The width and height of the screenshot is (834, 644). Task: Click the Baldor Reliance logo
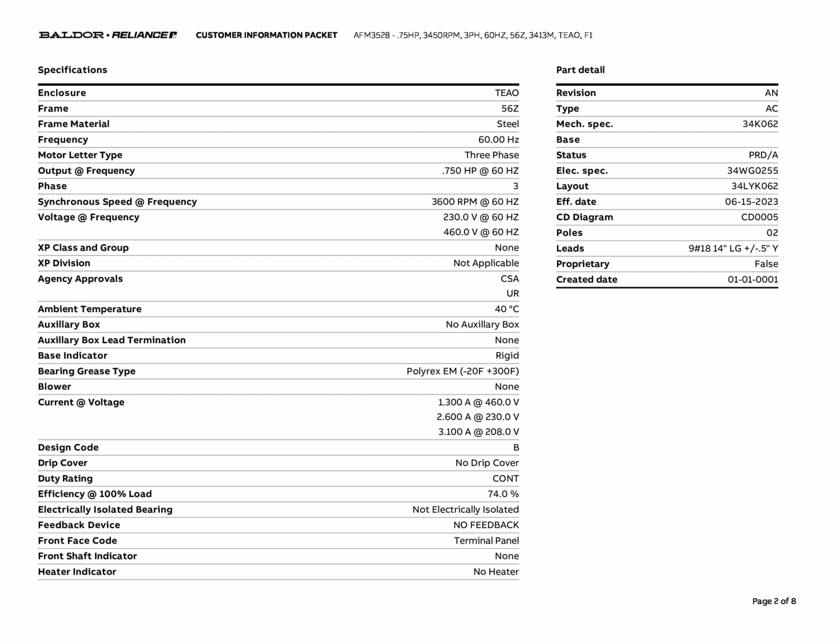coord(108,35)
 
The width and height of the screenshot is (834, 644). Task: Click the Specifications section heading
coord(72,70)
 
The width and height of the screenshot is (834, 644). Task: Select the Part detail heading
coord(580,70)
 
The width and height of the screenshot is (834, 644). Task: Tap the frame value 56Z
coord(510,109)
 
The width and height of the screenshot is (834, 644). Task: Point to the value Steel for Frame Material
coord(507,124)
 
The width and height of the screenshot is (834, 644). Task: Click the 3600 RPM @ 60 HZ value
coord(475,202)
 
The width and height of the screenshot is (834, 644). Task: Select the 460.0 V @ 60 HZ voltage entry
coord(481,232)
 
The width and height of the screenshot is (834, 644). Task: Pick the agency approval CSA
coord(509,279)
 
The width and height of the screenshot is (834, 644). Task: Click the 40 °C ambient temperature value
coord(507,309)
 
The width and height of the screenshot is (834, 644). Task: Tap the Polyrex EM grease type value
coord(463,371)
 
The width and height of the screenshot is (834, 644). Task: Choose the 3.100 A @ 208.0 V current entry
coord(478,432)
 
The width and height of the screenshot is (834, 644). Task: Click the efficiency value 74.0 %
coord(503,494)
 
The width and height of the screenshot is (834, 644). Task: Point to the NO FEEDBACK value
coord(486,525)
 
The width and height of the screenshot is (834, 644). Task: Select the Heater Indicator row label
coord(77,572)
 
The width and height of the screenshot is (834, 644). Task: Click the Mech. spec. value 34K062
coord(760,124)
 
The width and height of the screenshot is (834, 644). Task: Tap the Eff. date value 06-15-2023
coord(751,202)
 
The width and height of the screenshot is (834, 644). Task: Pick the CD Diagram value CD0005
coord(759,217)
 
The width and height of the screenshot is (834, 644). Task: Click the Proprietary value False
coord(766,264)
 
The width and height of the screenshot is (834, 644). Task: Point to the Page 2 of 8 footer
coord(774,601)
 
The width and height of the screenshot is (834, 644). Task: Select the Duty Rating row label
coord(65,479)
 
